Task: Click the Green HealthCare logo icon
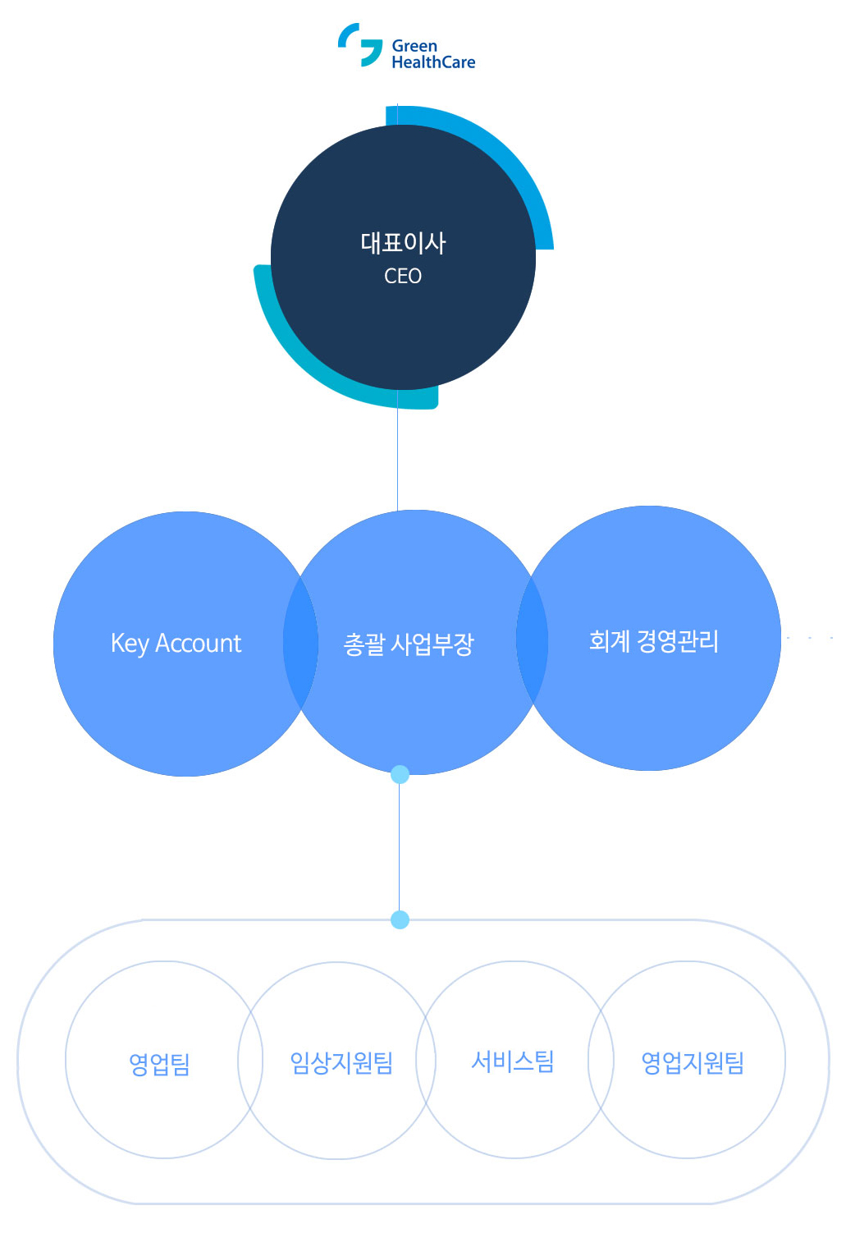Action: pyautogui.click(x=360, y=44)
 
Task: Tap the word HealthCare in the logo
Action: pyautogui.click(x=433, y=62)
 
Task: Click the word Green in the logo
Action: pyautogui.click(x=414, y=46)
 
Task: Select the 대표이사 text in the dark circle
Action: pyautogui.click(x=403, y=243)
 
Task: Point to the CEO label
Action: pyautogui.click(x=403, y=277)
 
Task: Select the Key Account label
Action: pyautogui.click(x=176, y=644)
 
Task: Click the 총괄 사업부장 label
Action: pyautogui.click(x=409, y=644)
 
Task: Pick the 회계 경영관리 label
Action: pyautogui.click(x=654, y=641)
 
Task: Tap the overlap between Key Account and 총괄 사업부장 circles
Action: pyautogui.click(x=300, y=643)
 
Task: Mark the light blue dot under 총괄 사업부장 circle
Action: pyautogui.click(x=400, y=774)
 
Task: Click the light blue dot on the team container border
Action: pyautogui.click(x=400, y=919)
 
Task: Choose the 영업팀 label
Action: pyautogui.click(x=159, y=1065)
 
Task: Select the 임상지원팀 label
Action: pyautogui.click(x=341, y=1063)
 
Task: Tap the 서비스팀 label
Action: pyautogui.click(x=513, y=1061)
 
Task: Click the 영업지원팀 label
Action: pyautogui.click(x=693, y=1063)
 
